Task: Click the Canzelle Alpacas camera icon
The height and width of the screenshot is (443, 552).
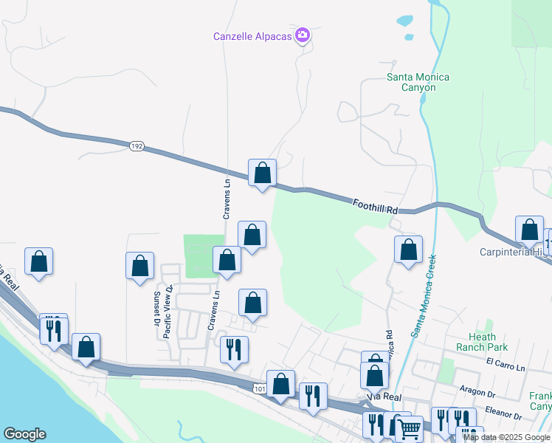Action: tap(302, 35)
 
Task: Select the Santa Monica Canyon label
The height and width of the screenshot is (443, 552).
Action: tap(418, 82)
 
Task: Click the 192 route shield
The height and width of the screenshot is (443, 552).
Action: tap(136, 146)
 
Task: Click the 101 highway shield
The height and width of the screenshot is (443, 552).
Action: tap(258, 388)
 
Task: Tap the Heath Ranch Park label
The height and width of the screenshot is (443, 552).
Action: tap(482, 342)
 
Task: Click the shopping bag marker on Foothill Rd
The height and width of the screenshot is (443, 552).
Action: tap(262, 174)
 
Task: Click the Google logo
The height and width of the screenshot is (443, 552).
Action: tap(24, 433)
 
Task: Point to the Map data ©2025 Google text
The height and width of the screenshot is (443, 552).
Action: tap(506, 437)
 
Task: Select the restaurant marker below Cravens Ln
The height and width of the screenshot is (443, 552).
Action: tap(235, 350)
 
